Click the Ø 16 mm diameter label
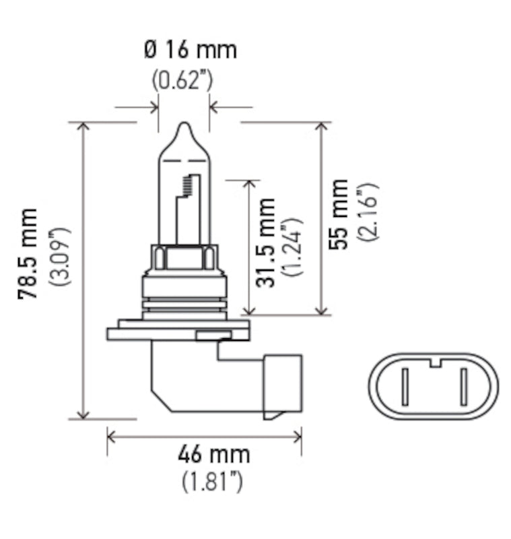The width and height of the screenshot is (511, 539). click(x=190, y=50)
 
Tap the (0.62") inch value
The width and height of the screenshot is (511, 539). click(x=182, y=80)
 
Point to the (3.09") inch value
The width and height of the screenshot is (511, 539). click(x=63, y=257)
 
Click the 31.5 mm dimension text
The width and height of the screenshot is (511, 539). click(x=267, y=242)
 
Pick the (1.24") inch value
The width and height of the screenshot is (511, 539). click(x=292, y=247)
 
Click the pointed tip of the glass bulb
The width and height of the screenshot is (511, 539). click(x=184, y=126)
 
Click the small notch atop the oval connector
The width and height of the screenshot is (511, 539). click(x=435, y=362)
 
